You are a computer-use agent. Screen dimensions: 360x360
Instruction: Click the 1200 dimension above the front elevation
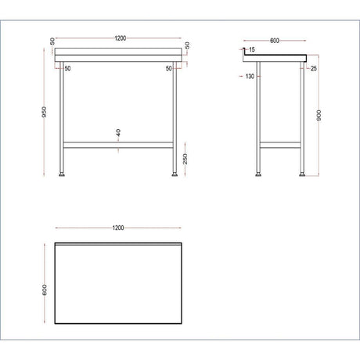pos(121,38)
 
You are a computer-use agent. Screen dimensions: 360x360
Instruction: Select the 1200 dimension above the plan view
pos(118,228)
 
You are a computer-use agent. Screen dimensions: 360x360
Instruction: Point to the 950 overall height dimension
pos(44,112)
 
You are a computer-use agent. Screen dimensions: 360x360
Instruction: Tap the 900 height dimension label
pos(319,115)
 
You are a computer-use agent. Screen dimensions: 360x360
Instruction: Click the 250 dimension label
pos(185,159)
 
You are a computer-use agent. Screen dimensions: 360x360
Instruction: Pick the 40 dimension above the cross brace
pos(118,133)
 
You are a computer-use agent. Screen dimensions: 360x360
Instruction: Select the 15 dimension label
pos(252,49)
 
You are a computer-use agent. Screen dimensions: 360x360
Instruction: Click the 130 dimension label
pos(250,76)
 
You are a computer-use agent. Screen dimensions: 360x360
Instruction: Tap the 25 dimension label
pos(314,68)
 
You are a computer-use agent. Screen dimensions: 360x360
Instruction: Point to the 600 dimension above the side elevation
pos(275,41)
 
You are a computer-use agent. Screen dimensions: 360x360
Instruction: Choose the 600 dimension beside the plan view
pos(45,290)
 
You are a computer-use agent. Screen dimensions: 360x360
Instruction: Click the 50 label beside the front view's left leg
pos(67,68)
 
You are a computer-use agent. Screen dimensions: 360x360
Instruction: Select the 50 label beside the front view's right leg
pos(169,68)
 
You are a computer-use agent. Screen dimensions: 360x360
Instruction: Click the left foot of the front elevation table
pos(62,174)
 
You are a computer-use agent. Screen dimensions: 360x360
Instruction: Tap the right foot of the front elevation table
pos(175,174)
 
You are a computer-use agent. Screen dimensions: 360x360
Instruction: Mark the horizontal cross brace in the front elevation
pos(118,145)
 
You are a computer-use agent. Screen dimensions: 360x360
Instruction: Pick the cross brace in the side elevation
pos(280,145)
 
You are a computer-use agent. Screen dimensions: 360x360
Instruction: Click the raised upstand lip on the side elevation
pos(244,52)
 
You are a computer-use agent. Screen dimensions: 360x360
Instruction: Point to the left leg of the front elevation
pos(62,117)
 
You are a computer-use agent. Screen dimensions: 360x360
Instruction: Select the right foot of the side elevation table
pos(303,174)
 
